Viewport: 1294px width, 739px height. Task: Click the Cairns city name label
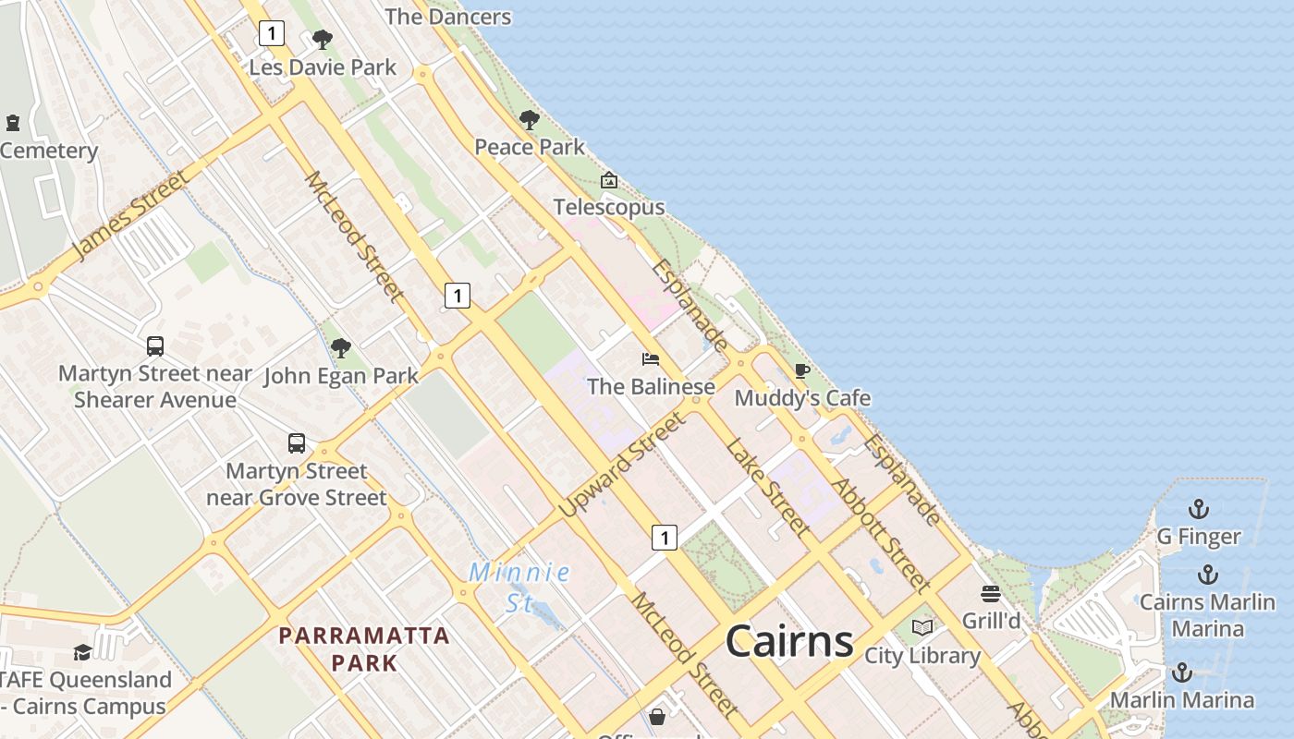788,640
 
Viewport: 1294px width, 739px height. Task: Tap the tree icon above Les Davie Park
322,40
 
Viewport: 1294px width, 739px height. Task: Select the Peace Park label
530,147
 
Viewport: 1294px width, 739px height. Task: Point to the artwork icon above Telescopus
608,180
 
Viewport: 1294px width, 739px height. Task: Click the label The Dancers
447,17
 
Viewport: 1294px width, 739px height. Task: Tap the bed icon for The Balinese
651,359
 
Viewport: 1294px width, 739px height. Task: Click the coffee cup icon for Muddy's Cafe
801,371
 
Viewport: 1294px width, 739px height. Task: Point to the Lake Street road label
768,487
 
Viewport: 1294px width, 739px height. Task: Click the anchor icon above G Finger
1198,509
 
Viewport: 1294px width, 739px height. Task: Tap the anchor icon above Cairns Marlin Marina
1207,575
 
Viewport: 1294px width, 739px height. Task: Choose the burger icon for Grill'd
991,593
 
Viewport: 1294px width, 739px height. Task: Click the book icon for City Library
922,628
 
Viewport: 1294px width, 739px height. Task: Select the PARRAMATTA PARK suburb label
364,648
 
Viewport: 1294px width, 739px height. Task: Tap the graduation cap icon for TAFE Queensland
82,652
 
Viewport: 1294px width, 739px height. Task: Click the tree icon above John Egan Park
340,348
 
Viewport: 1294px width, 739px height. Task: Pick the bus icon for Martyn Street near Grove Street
296,443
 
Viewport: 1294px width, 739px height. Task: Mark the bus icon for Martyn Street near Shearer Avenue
155,346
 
